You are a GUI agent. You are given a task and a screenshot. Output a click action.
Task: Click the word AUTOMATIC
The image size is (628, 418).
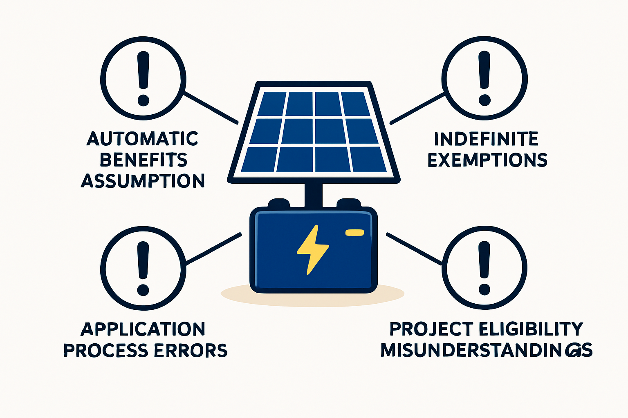(x=142, y=138)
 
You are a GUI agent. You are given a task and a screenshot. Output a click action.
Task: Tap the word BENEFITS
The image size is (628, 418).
(x=143, y=160)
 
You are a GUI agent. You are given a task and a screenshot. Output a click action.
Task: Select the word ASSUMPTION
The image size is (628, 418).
(x=143, y=180)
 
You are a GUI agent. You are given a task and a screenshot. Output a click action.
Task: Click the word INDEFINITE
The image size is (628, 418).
(x=486, y=139)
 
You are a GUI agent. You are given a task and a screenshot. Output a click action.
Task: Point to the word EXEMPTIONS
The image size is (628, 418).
(x=487, y=160)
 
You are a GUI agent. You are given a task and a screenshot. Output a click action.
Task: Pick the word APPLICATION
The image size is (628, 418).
(x=143, y=329)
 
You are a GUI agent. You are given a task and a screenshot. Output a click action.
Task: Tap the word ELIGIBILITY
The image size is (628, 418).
(x=531, y=329)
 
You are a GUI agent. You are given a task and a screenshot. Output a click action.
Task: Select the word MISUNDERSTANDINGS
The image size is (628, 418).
(x=487, y=350)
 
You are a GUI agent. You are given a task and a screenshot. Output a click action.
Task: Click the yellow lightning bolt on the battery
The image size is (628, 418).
(x=313, y=249)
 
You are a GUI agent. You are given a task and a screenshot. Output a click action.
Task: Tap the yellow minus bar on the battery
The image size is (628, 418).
(x=354, y=233)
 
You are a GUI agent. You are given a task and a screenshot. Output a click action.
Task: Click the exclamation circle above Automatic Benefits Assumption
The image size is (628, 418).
(x=143, y=78)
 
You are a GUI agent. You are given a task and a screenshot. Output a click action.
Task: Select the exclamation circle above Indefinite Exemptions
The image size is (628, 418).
(x=484, y=78)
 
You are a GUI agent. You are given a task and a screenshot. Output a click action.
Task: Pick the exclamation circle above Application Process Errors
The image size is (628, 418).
(x=143, y=269)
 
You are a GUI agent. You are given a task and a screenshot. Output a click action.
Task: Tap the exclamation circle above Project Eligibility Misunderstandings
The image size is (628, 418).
(x=484, y=268)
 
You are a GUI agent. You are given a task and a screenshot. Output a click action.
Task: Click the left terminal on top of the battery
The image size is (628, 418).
(x=279, y=203)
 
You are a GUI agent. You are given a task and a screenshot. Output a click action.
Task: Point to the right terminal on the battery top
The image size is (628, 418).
(x=348, y=203)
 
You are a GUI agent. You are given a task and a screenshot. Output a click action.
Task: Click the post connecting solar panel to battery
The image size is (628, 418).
(x=314, y=196)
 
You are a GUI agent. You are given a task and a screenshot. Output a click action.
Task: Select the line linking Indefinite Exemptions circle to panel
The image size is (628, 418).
(x=418, y=109)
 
